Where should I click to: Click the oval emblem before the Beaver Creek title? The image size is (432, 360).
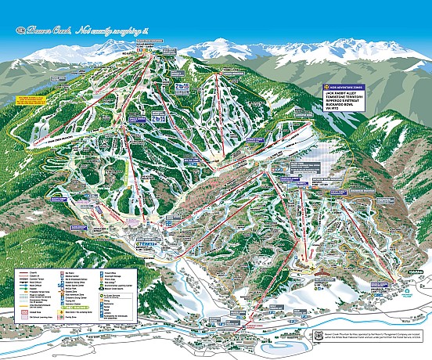coord(19,31)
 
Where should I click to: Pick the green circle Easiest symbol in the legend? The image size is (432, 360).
coord(23,280)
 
